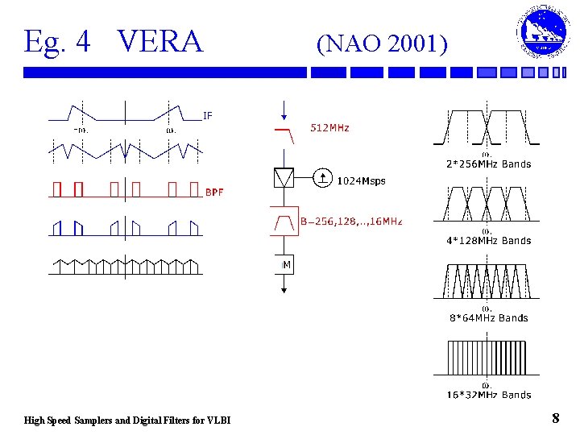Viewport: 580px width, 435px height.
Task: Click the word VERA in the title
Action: point(160,41)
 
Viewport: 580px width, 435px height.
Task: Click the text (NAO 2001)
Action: point(382,43)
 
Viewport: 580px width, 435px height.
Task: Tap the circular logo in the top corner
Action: point(541,33)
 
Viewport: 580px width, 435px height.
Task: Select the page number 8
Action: point(555,418)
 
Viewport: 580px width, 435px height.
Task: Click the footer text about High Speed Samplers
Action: point(127,420)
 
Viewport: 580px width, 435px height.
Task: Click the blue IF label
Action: point(208,116)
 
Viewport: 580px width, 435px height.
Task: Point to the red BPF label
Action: point(214,193)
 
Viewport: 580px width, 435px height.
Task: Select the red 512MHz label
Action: point(330,128)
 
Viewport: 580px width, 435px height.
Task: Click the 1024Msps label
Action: point(361,181)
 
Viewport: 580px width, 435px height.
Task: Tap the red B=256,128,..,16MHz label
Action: point(350,222)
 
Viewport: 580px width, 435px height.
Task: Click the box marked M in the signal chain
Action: point(286,265)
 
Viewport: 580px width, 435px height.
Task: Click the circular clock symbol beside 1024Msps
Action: point(321,177)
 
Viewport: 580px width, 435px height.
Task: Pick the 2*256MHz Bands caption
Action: point(488,164)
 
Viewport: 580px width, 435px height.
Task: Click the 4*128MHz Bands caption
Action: point(488,241)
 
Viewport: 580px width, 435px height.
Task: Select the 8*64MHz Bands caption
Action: point(488,318)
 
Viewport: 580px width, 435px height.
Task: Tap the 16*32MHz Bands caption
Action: point(488,395)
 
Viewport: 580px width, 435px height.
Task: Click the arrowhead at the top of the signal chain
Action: point(283,114)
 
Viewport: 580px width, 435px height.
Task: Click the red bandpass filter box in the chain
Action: point(284,220)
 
